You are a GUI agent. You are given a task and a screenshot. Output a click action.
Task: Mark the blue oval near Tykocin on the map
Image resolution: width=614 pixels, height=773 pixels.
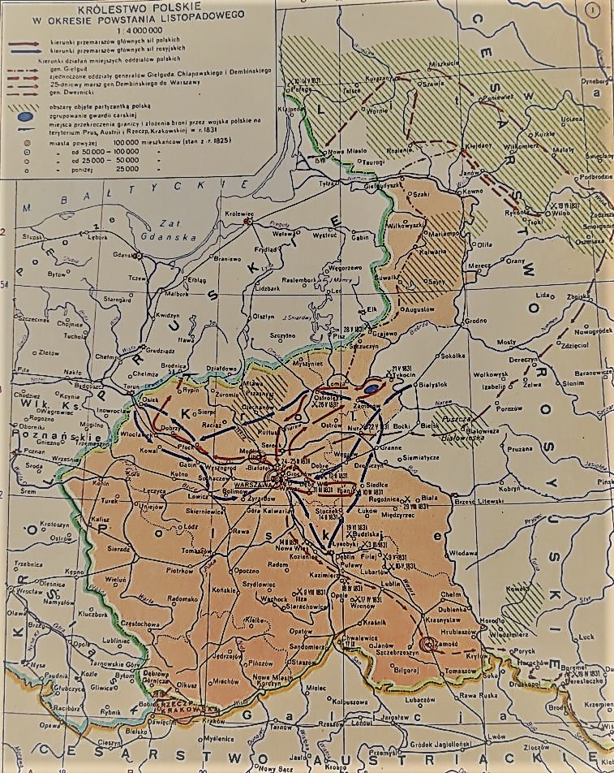[x=371, y=388]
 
